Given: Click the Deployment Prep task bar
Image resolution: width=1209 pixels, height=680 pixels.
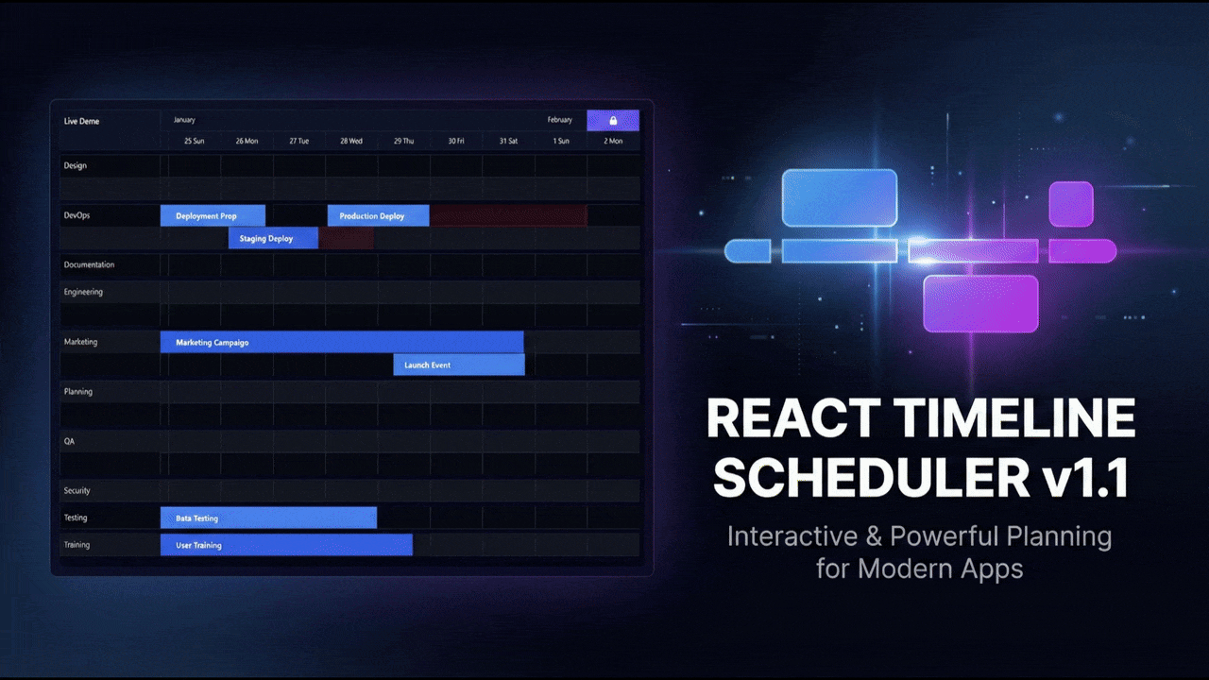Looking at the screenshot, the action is (x=213, y=216).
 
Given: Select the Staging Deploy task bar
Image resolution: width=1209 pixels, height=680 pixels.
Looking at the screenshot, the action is (x=273, y=238).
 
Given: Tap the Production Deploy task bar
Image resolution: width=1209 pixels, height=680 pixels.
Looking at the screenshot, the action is (x=379, y=216).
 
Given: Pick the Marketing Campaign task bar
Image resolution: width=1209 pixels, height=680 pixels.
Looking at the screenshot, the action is (x=342, y=342).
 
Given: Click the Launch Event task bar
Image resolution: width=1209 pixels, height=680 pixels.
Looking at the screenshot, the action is (x=459, y=365).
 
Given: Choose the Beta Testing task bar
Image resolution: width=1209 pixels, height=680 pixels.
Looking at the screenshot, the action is (x=268, y=518).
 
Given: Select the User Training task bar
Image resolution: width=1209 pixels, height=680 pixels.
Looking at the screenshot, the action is (x=286, y=545).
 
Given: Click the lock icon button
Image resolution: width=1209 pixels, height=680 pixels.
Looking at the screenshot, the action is (x=613, y=120).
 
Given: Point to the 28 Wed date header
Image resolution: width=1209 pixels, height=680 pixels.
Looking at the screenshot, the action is (x=350, y=141).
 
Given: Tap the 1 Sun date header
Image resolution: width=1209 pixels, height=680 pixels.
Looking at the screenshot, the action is (x=561, y=141).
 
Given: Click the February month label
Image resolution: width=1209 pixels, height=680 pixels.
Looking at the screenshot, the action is (x=560, y=120).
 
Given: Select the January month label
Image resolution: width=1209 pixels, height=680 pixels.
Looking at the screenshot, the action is (x=184, y=120).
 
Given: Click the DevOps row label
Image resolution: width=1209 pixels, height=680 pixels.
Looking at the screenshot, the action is (x=77, y=215).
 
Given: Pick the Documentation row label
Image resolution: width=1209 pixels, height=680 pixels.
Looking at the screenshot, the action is (x=89, y=264).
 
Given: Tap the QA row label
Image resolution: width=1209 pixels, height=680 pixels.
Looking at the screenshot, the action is (x=69, y=441).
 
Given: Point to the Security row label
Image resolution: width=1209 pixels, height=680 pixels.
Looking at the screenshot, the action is (x=77, y=490).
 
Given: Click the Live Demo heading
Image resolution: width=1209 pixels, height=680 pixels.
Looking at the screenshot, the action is (x=81, y=121).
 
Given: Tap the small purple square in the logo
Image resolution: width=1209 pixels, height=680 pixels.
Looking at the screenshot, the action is (x=1071, y=204).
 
